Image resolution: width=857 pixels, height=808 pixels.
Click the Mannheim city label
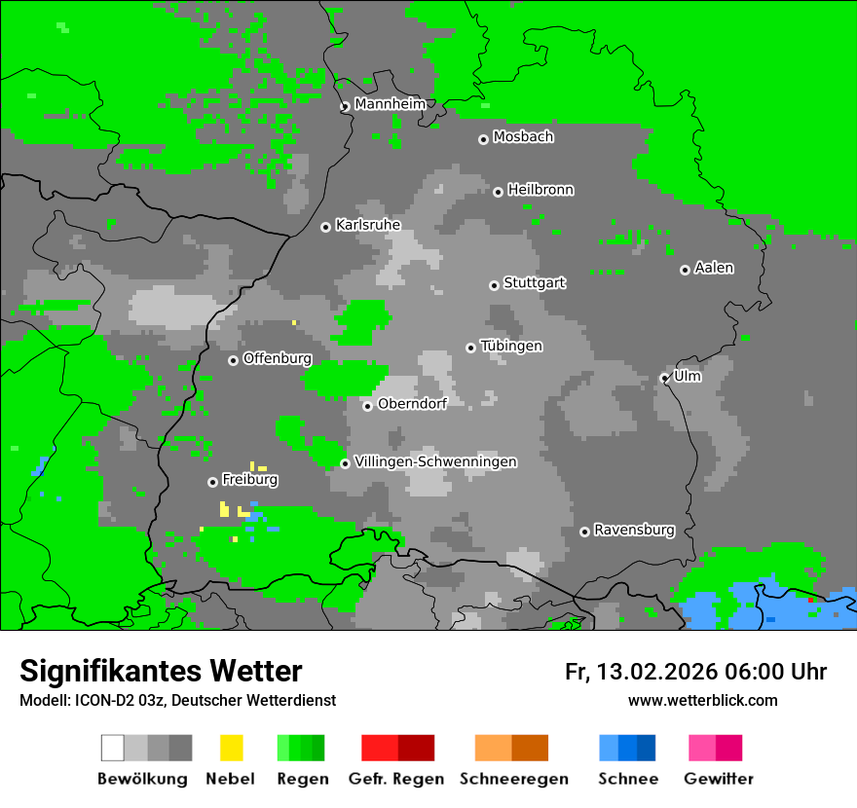390,104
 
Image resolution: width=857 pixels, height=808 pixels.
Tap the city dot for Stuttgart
494,285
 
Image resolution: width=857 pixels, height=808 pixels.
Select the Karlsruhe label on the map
367,225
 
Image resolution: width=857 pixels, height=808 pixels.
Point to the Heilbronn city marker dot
498,192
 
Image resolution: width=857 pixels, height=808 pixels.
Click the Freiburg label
249,480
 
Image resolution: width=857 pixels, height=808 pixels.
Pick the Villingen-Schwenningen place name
435,461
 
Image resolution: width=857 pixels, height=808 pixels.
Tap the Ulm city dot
664,378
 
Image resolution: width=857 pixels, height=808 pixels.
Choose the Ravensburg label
634,531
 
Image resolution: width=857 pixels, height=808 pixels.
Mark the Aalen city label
714,268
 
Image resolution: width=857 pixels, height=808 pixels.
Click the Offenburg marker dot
233,360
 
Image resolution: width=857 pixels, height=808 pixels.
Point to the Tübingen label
511,347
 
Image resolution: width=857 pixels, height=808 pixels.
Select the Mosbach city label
523,137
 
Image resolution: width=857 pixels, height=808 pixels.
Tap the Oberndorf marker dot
367,406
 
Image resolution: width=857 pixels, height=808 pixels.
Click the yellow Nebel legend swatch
231,748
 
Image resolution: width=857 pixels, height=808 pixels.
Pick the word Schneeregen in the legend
514,779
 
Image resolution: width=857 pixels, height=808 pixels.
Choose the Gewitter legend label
719,779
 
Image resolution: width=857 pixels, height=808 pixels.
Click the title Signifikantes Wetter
161,671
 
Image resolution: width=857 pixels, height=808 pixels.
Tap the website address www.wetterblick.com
702,700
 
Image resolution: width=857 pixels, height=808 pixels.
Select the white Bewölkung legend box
113,748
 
